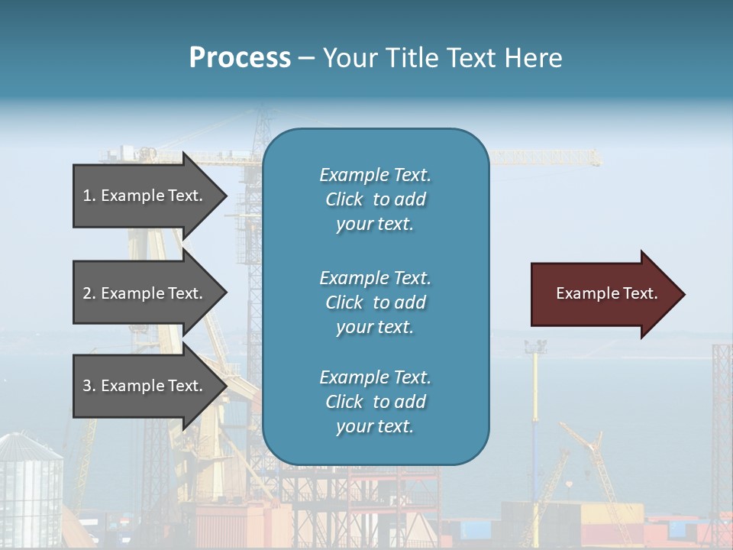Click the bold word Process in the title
(240, 58)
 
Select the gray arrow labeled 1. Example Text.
(145, 196)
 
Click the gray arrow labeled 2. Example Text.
(145, 293)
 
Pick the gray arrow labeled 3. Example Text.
(145, 386)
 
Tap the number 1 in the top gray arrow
(87, 196)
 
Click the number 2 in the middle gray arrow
(87, 293)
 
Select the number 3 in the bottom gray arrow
(87, 386)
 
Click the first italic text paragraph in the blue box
(375, 199)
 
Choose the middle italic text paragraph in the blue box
(375, 302)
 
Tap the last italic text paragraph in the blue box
(375, 402)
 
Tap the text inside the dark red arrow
(606, 293)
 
